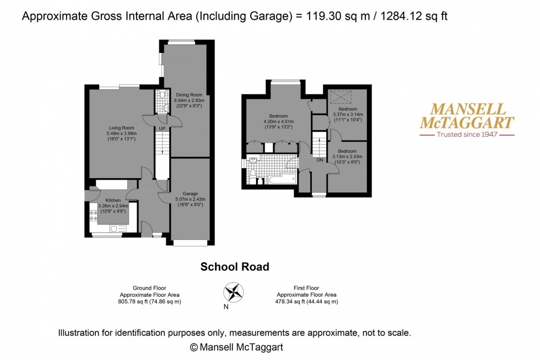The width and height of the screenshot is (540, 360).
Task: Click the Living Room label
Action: (121, 128)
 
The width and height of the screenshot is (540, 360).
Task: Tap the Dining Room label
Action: (189, 95)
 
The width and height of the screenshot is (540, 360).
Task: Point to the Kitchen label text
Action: (112, 200)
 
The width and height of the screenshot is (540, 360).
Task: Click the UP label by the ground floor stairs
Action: (162, 128)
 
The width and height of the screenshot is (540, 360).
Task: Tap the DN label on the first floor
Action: (320, 160)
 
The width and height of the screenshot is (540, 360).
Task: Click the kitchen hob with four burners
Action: (93, 216)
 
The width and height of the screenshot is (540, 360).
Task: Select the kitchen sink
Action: (117, 228)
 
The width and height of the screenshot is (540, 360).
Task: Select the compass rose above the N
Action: (234, 292)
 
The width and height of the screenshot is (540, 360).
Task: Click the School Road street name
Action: (235, 267)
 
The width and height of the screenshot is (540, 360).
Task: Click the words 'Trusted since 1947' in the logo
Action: (467, 134)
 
